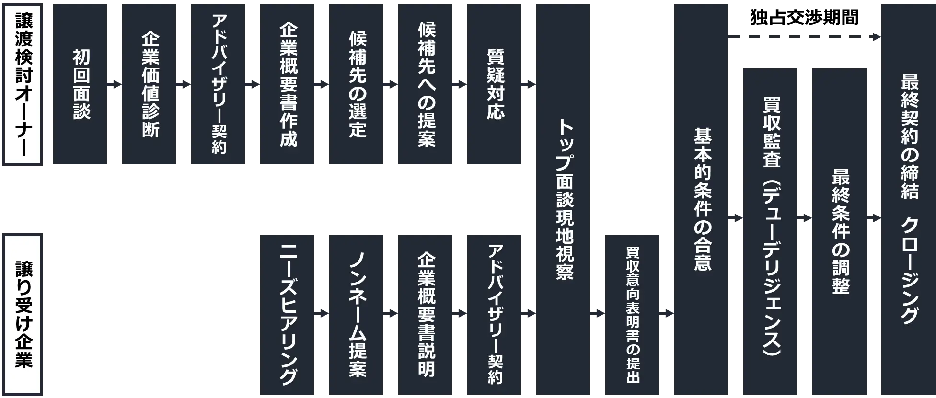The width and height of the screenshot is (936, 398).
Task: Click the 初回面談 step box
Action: [x=79, y=85]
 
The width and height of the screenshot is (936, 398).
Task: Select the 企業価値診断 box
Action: [x=148, y=85]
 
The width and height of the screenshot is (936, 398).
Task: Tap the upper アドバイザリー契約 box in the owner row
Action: [x=217, y=85]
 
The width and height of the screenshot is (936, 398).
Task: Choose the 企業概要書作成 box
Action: [x=286, y=85]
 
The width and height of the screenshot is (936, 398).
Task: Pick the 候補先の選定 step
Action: [x=355, y=85]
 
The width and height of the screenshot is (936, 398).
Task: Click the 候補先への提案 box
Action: [x=424, y=85]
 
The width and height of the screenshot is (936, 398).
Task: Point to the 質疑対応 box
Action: [x=493, y=85]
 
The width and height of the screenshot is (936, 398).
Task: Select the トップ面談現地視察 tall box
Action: [x=562, y=199]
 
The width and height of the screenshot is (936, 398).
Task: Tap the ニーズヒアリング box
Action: [x=286, y=314]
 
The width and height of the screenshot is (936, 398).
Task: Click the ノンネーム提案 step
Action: [x=355, y=314]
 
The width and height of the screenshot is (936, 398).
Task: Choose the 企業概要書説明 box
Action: [x=424, y=314]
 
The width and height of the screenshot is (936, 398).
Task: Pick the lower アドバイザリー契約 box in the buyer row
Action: [x=493, y=314]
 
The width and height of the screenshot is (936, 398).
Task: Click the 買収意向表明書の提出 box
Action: [x=631, y=314]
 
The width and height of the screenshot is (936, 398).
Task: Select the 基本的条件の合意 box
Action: [x=700, y=199]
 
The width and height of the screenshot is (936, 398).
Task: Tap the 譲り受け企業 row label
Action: [x=23, y=314]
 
